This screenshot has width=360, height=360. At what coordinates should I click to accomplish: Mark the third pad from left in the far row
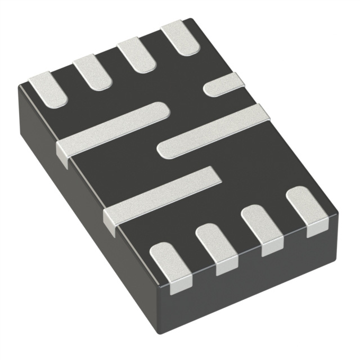click(137, 54)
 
